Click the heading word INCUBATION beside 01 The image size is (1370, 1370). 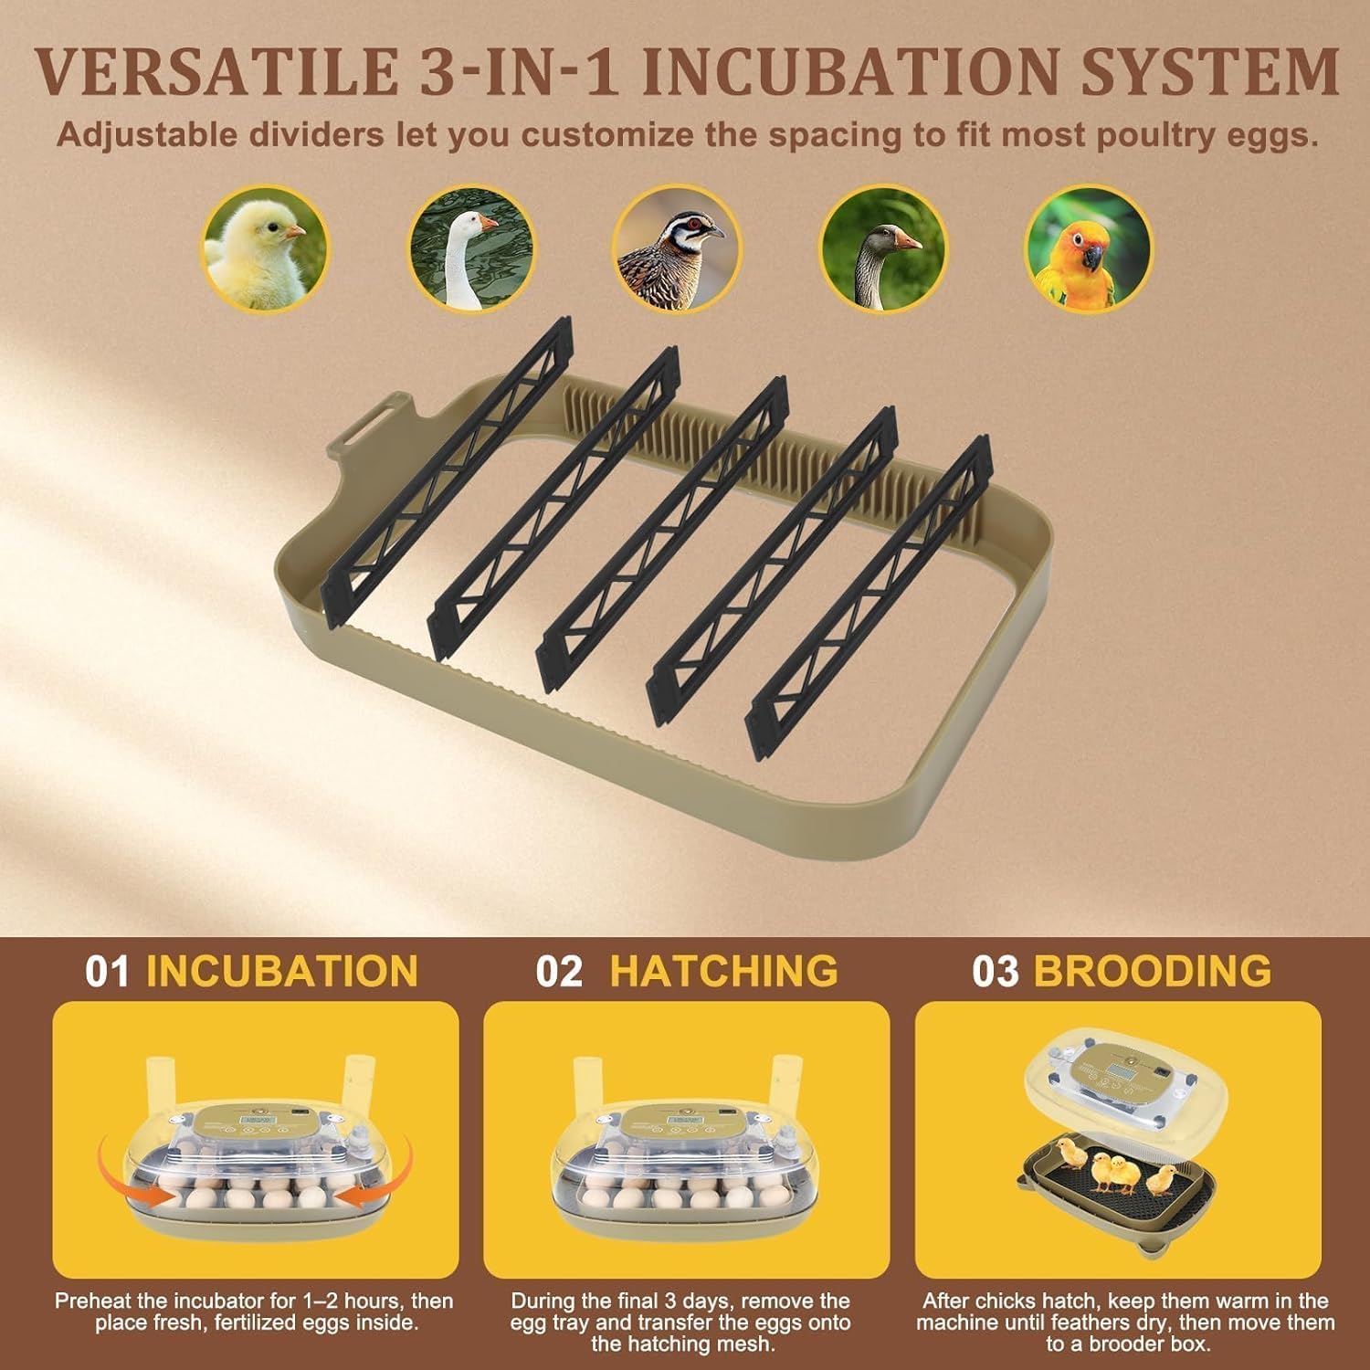[282, 971]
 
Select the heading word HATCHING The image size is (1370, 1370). [724, 970]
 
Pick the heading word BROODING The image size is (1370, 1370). [1153, 970]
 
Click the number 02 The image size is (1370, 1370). [559, 971]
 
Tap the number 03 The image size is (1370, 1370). [996, 971]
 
